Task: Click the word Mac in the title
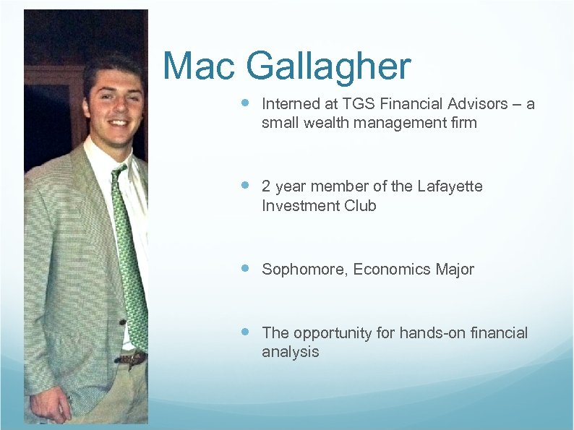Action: point(200,66)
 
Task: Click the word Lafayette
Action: point(450,186)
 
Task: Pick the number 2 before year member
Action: point(266,186)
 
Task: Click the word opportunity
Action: point(333,333)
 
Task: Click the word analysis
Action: point(290,353)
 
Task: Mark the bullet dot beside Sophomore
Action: point(245,269)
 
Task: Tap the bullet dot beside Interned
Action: point(245,103)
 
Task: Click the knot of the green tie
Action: point(119,174)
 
